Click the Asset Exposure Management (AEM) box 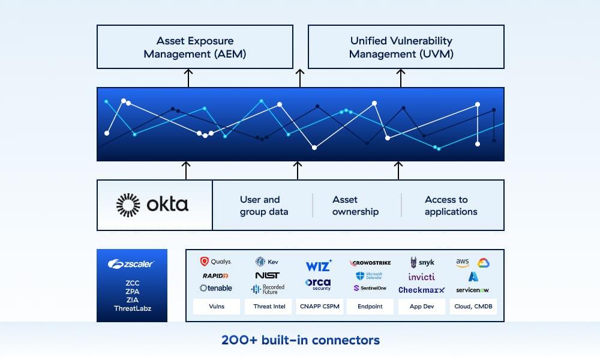pos(195,47)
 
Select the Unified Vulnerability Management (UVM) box pos(406,47)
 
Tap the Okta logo pos(152,205)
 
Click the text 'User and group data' pos(263,205)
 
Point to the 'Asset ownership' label pos(355,205)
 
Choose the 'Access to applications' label pos(451,205)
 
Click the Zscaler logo pos(131,264)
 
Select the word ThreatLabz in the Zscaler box pos(131,308)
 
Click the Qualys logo pos(215,262)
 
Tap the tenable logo pos(215,288)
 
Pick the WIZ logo pos(318,266)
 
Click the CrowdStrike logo pos(370,263)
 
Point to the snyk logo pos(422,262)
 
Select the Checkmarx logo pos(422,290)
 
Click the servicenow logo pos(472,290)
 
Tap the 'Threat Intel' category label pos(267,307)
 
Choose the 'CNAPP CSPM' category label pos(319,307)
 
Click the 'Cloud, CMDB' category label pos(473,307)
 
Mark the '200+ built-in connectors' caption pos(300,340)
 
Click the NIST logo pos(267,275)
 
